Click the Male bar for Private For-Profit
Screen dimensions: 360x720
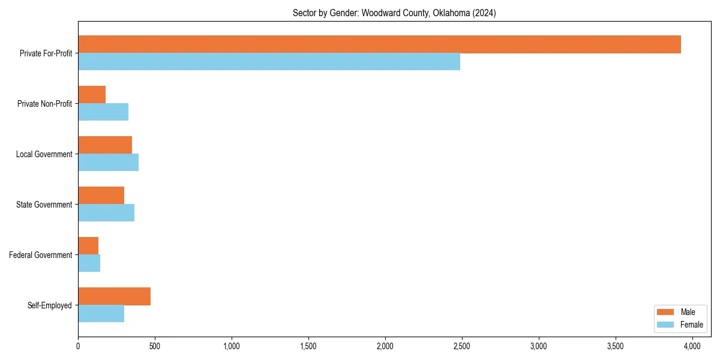[379, 44]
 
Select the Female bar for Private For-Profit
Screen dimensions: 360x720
[269, 62]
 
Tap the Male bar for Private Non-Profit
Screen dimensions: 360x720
[92, 95]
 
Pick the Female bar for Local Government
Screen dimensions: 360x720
[108, 163]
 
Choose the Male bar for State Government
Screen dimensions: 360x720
[101, 196]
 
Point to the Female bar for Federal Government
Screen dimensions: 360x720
[89, 263]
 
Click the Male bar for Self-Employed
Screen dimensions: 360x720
[114, 296]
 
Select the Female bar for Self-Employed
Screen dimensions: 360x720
[101, 314]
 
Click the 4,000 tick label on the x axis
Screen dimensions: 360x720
[692, 346]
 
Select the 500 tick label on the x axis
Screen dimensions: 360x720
[154, 346]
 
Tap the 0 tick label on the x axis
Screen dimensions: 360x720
[78, 346]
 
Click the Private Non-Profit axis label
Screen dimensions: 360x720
[44, 104]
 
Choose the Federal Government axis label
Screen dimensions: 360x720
[41, 255]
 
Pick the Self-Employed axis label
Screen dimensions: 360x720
[50, 305]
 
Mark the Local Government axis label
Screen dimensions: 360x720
[44, 154]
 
